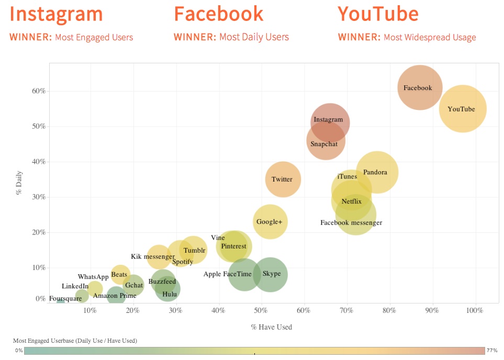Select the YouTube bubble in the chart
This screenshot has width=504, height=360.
click(462, 109)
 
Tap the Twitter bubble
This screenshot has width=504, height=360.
click(283, 179)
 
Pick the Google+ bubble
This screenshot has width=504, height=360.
click(270, 222)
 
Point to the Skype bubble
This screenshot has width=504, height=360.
click(271, 274)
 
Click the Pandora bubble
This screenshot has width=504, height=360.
click(376, 172)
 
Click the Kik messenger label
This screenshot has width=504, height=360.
click(152, 256)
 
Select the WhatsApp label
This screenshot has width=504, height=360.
click(93, 277)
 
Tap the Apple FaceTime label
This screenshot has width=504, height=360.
click(227, 274)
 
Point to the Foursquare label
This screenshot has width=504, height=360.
click(65, 299)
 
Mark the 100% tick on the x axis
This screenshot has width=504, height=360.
click(475, 311)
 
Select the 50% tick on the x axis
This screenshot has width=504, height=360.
click(261, 311)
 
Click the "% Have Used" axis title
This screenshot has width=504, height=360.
click(271, 327)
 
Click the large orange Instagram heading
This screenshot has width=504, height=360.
click(56, 14)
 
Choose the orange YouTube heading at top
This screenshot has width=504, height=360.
click(378, 14)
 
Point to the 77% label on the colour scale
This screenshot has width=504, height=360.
click(492, 350)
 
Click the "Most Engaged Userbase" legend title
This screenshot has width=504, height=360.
click(75, 341)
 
